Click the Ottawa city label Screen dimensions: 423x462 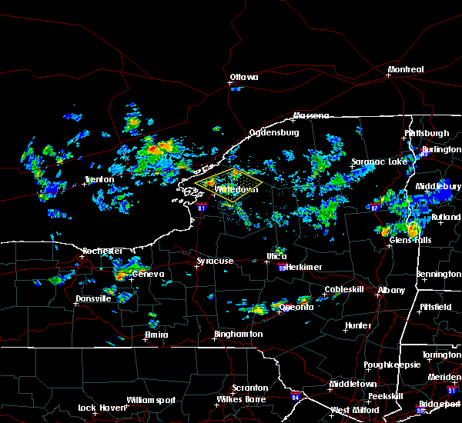[x=243, y=77]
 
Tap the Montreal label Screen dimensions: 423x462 [x=406, y=70]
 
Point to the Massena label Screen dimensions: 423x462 [x=310, y=116]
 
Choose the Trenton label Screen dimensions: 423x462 [x=99, y=180]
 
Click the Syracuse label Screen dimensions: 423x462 [x=215, y=261]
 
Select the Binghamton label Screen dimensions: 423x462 [x=238, y=335]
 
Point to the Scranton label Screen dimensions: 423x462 [x=251, y=388]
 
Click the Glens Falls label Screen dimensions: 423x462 [x=411, y=240]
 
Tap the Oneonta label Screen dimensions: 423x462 [x=296, y=307]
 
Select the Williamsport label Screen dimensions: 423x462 [x=151, y=400]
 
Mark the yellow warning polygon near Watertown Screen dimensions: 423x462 [x=228, y=185]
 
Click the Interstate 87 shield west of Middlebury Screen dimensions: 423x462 [x=374, y=208]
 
